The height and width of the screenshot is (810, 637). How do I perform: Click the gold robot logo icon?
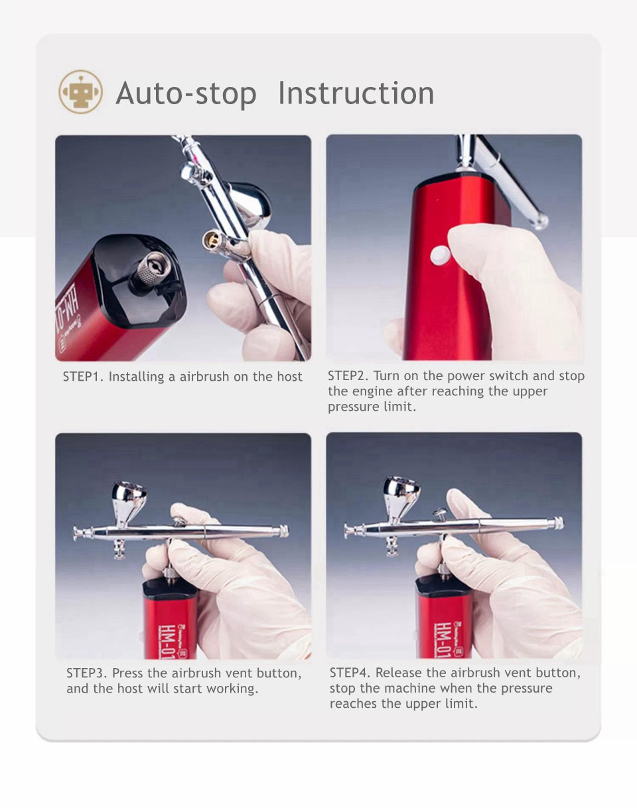(x=80, y=92)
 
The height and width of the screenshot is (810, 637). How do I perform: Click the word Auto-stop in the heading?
(x=186, y=93)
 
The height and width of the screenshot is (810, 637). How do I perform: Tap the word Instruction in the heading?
(x=356, y=93)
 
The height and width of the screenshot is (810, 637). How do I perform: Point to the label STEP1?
(x=83, y=376)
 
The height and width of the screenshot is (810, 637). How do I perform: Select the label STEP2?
(x=348, y=375)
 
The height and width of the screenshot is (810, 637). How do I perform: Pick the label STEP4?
(x=350, y=673)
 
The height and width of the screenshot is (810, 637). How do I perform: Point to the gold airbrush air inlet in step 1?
(x=212, y=241)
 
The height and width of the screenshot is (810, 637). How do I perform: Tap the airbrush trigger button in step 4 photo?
(x=440, y=513)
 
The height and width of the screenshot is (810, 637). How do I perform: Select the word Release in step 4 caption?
(x=399, y=673)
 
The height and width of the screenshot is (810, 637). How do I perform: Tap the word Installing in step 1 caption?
(x=136, y=377)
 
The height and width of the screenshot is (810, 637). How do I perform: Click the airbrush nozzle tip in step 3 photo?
(x=75, y=533)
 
